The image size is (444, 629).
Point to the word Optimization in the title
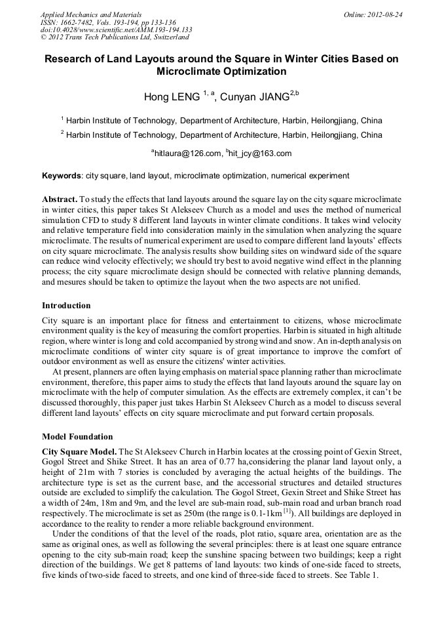pos(255,71)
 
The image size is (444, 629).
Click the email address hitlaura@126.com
pos(188,153)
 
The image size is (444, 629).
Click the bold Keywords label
pos(62,176)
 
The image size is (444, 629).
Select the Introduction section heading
pos(66,306)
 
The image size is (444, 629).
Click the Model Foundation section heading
pos(77,437)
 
